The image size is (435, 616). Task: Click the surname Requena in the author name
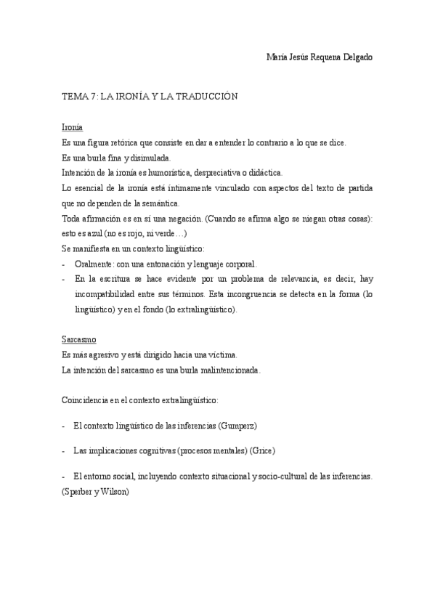tap(324, 57)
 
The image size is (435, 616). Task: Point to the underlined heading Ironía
tap(73, 127)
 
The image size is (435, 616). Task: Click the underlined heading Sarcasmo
tap(79, 339)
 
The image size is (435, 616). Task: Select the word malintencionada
tap(224, 370)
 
